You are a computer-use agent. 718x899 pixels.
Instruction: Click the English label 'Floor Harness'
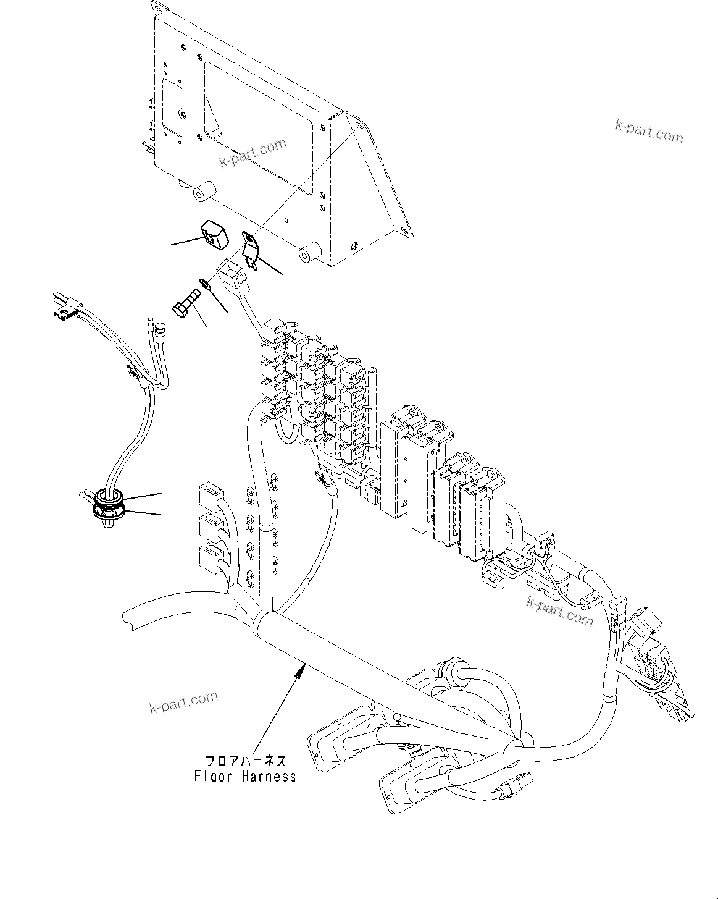(244, 776)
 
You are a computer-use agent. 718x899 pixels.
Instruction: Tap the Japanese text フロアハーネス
(243, 761)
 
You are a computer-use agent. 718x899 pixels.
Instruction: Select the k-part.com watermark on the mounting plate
(253, 154)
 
